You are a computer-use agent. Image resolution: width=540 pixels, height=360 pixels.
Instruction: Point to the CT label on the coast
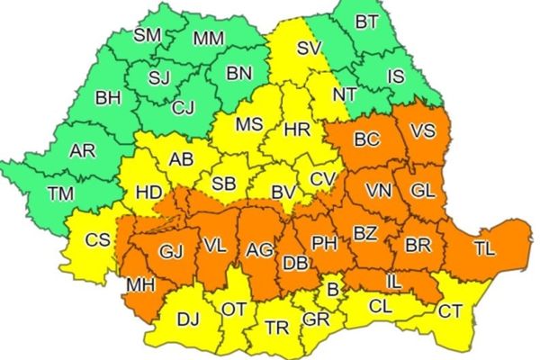(x=450, y=310)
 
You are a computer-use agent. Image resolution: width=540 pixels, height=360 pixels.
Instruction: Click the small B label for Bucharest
(x=331, y=290)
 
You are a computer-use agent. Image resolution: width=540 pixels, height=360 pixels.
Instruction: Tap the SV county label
(x=308, y=49)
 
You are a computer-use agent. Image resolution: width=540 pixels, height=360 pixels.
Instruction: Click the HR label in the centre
(x=297, y=130)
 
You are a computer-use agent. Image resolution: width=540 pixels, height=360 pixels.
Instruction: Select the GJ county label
(x=170, y=251)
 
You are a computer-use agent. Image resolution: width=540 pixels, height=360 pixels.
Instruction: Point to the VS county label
(x=422, y=131)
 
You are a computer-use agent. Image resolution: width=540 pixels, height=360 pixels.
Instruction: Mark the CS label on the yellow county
(x=97, y=240)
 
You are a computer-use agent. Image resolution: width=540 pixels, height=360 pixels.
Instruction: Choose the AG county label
(x=260, y=248)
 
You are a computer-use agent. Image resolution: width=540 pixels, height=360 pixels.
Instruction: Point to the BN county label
(x=238, y=73)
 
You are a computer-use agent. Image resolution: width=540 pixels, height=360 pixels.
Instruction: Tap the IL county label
(x=393, y=283)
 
